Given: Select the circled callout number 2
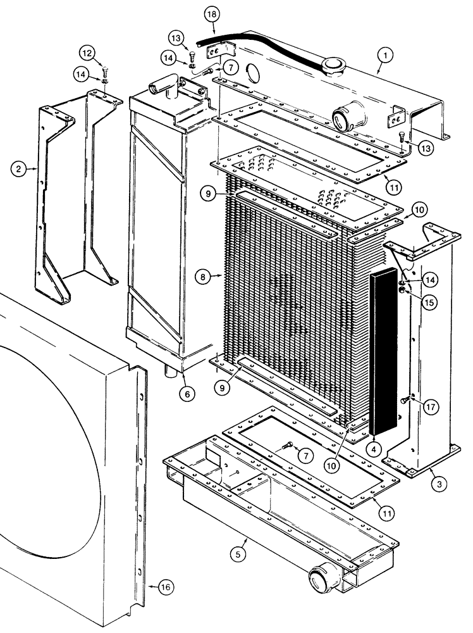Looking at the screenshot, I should [19, 168].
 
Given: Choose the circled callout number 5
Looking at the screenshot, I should [237, 555].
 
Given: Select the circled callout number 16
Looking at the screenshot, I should [165, 588].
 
